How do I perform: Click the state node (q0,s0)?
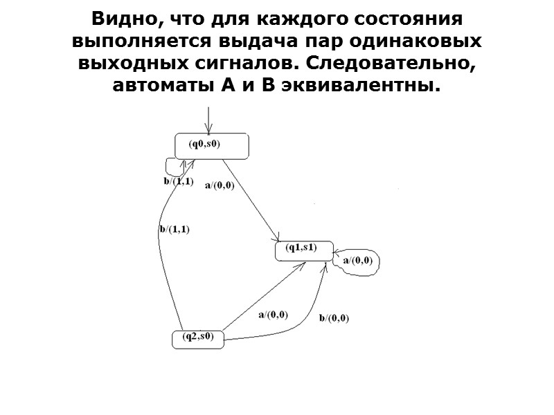pyautogui.click(x=211, y=145)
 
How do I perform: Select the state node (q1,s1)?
pyautogui.click(x=303, y=250)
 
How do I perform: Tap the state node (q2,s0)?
pyautogui.click(x=198, y=338)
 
